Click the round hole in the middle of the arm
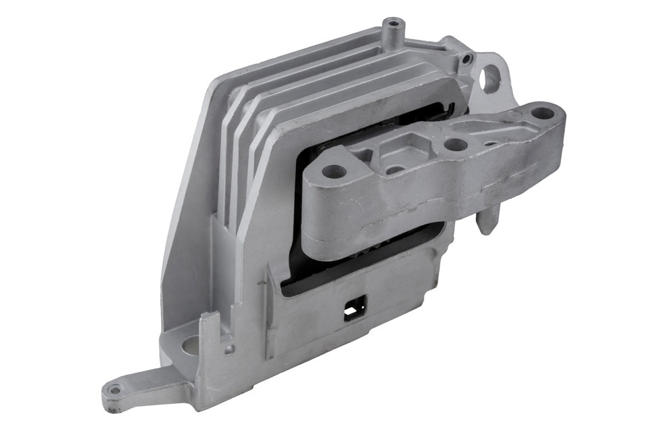456,144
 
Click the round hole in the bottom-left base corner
191,346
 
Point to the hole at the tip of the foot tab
115,390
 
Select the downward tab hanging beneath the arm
487,221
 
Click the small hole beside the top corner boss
466,60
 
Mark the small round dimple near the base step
231,349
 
